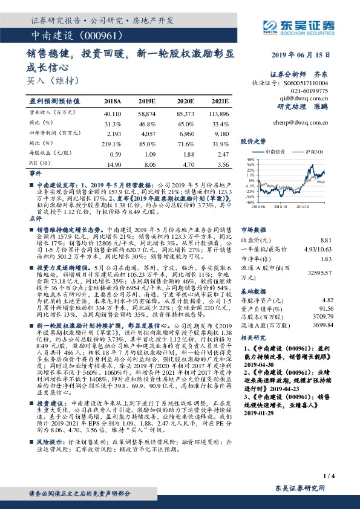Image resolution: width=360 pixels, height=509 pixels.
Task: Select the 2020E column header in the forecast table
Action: point(186,102)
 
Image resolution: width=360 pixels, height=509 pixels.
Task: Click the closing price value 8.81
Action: point(327,241)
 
